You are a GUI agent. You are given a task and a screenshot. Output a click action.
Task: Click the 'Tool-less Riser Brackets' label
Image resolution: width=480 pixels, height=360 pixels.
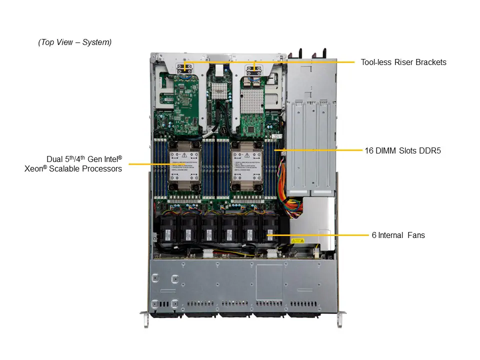tap(403, 62)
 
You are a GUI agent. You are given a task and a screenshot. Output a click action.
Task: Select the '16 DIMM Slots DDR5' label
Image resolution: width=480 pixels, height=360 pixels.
tap(402, 150)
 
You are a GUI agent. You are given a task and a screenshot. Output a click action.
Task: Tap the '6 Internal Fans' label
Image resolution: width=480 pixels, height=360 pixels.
tap(398, 234)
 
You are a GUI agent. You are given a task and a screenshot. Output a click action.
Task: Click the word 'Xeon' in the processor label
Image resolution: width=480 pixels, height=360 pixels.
tap(34, 169)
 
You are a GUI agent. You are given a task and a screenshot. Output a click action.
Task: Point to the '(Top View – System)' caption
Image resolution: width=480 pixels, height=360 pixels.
tap(75, 42)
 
